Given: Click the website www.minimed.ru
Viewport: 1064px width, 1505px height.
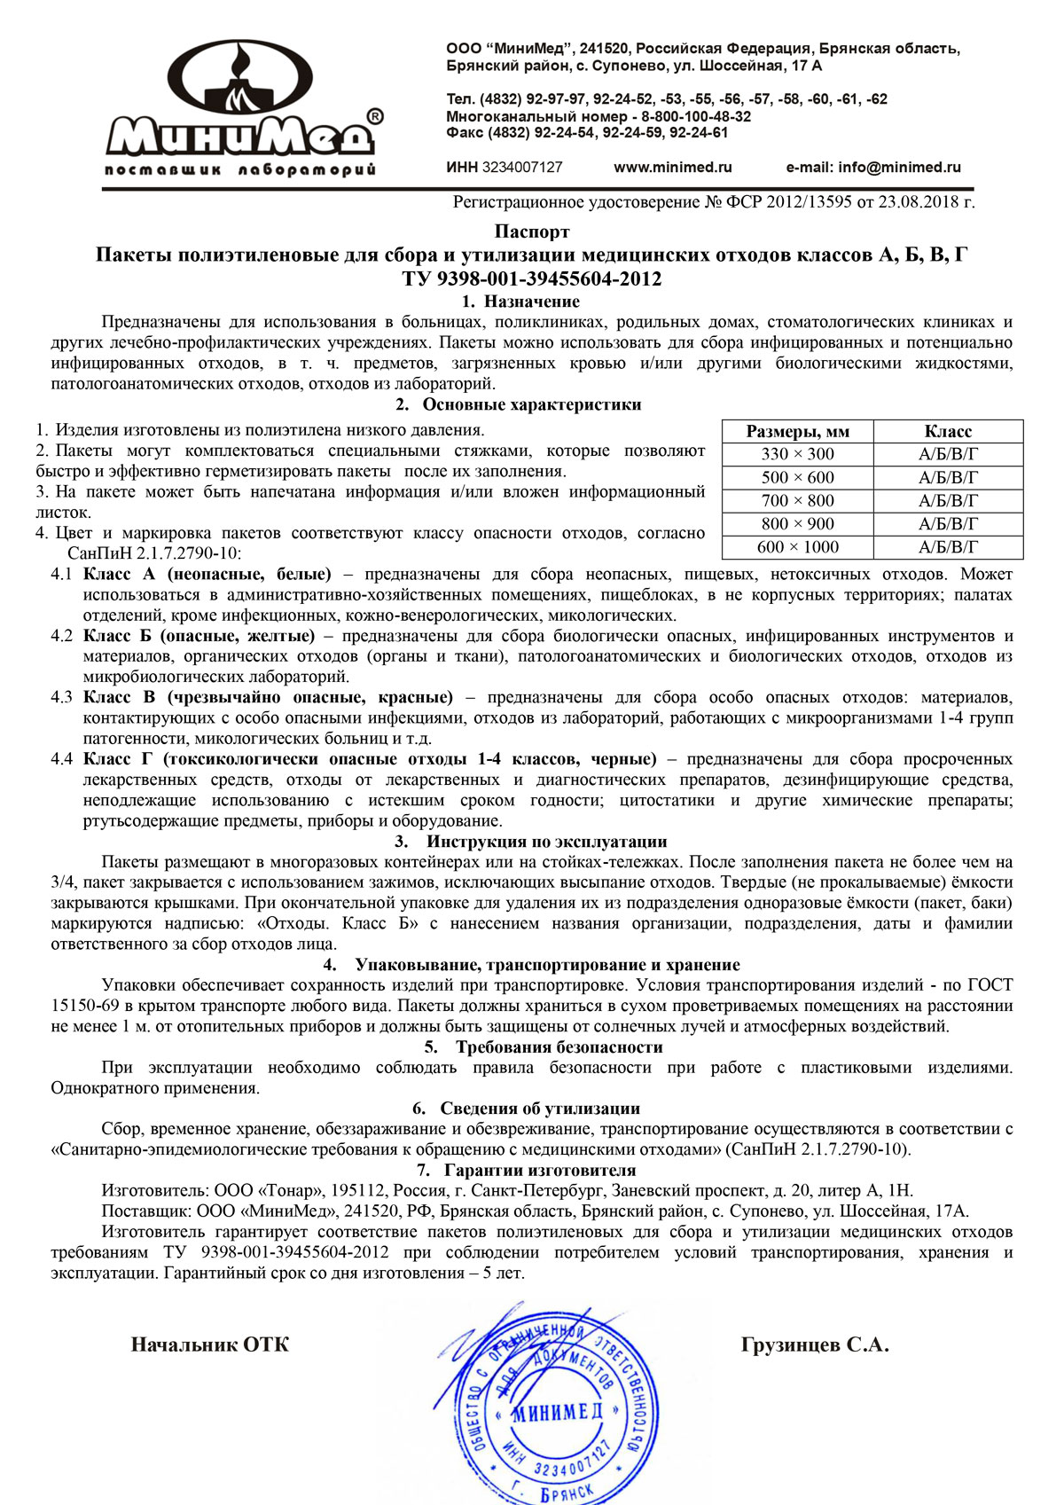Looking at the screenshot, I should [672, 167].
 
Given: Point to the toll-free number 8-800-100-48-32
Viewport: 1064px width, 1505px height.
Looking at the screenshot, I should [696, 116].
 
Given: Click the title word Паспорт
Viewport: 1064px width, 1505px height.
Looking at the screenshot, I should [532, 232].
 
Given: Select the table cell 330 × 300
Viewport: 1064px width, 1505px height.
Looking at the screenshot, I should [797, 454].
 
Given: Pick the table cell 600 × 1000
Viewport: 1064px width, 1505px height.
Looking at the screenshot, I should [797, 547].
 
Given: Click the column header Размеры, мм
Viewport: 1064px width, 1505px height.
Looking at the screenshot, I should [797, 432].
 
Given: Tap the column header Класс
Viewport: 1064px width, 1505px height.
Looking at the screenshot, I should [948, 432].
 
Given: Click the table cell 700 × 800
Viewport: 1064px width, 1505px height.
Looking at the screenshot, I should [797, 500].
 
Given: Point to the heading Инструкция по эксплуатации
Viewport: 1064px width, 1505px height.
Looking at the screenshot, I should [546, 842].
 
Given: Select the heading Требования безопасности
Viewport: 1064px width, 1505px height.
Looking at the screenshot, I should [559, 1046].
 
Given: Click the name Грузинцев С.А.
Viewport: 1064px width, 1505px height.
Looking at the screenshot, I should [814, 1344].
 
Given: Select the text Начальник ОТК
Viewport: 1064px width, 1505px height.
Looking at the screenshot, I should [210, 1344].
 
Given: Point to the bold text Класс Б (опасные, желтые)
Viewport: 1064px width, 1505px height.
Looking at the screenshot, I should [199, 636].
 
